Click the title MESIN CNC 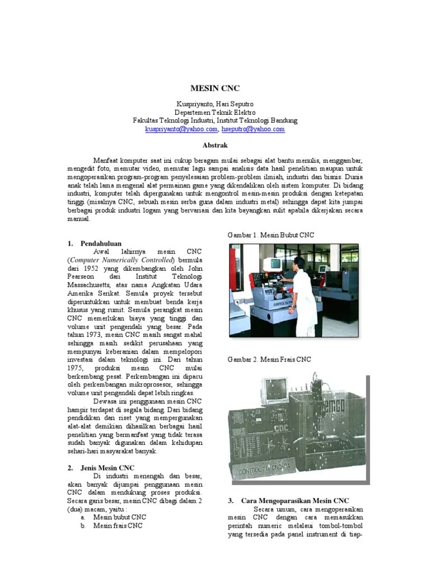[x=215, y=88]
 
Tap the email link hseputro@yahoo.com [x=253, y=129]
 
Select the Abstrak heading [x=214, y=144]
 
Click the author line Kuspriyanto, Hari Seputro [x=215, y=104]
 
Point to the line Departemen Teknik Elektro [x=215, y=112]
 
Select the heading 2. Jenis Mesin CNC [x=101, y=467]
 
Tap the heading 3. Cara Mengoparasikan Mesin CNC [x=288, y=500]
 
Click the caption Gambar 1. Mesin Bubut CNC [x=271, y=235]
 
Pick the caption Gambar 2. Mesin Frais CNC [x=269, y=359]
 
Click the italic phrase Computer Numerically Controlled [x=122, y=260]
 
